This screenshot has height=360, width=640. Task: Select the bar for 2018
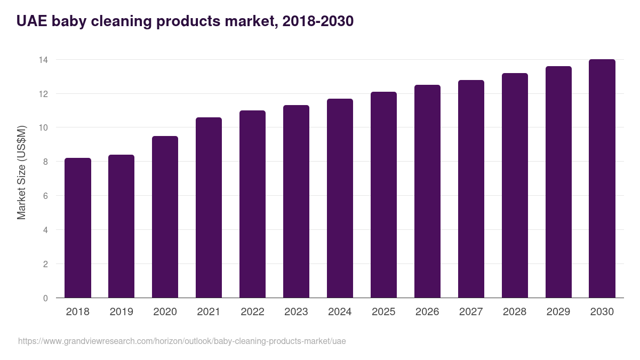tap(78, 228)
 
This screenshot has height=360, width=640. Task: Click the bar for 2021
tap(209, 208)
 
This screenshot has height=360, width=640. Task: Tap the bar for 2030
tap(602, 179)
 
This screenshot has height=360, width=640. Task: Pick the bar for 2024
tap(340, 198)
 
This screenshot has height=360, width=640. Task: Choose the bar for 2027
tap(471, 189)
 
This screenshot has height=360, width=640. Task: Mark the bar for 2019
tap(121, 227)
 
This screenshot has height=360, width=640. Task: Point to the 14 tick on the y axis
tap(43, 60)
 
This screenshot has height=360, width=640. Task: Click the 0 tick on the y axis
tap(45, 298)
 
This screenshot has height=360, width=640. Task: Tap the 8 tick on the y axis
tap(45, 162)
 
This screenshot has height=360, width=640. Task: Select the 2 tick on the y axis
tap(45, 264)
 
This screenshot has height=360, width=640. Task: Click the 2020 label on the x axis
tap(165, 312)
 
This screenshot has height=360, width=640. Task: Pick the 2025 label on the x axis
tap(383, 312)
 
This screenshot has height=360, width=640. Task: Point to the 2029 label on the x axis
tap(558, 312)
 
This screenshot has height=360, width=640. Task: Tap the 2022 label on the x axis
tap(252, 312)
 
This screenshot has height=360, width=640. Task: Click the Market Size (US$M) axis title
tap(22, 172)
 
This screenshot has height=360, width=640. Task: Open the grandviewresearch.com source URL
tap(182, 341)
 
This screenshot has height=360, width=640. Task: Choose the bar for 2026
tap(427, 191)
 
